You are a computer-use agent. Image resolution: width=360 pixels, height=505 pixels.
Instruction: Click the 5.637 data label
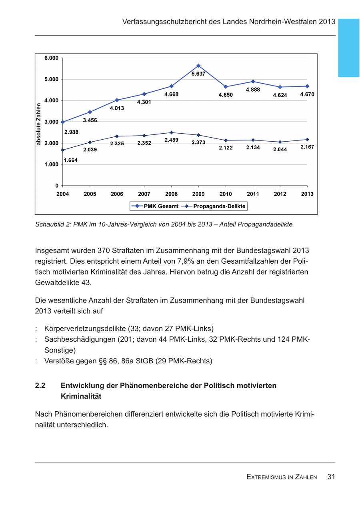(x=198, y=74)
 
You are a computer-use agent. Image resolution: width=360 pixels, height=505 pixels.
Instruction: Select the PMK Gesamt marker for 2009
(x=198, y=66)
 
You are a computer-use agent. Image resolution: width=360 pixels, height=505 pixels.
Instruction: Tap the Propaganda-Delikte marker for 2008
(x=171, y=132)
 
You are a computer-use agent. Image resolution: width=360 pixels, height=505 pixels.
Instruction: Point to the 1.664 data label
(x=71, y=160)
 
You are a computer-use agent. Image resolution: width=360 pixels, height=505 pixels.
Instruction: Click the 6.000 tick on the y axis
(x=52, y=58)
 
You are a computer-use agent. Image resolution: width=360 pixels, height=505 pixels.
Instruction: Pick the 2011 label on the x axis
(x=253, y=194)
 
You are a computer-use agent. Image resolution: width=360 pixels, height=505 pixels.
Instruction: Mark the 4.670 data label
(x=307, y=94)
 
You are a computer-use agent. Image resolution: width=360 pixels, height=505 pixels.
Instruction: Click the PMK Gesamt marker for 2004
(x=63, y=122)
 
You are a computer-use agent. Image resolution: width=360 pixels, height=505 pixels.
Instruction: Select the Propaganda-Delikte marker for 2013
(x=307, y=139)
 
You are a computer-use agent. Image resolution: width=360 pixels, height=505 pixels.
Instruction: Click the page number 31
(x=331, y=477)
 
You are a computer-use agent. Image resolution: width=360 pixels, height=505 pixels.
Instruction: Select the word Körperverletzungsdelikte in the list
(x=85, y=329)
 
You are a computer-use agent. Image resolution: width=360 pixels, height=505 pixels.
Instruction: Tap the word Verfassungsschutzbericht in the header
(x=164, y=22)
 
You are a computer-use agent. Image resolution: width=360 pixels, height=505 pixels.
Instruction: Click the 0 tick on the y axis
(x=57, y=186)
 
